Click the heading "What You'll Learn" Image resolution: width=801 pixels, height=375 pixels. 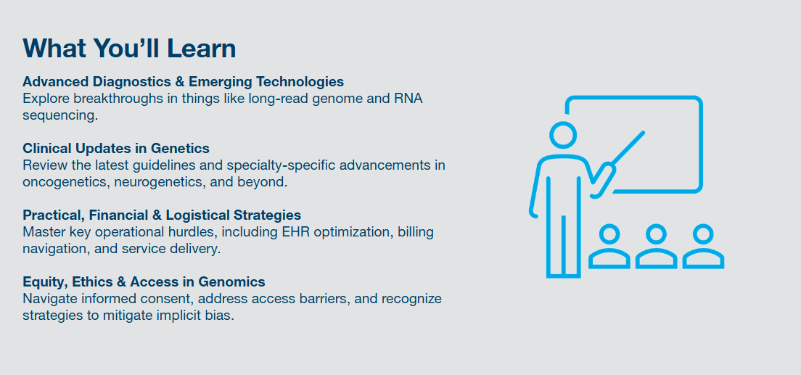(x=129, y=48)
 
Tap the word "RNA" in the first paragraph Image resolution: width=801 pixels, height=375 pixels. (x=408, y=98)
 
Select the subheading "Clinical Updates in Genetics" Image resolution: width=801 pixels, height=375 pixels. (x=116, y=148)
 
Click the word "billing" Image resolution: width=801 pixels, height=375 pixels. (x=416, y=232)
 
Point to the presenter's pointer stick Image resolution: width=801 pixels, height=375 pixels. (x=628, y=148)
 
